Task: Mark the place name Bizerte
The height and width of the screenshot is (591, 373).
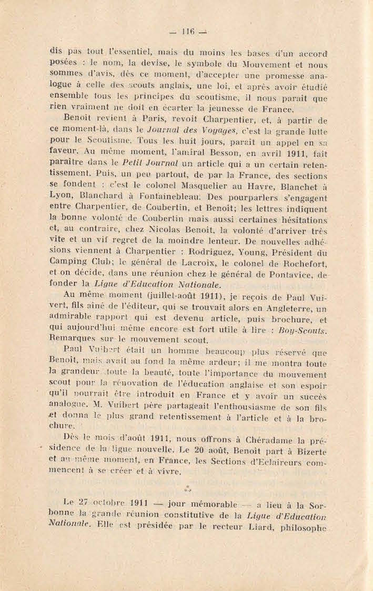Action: point(308,453)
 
